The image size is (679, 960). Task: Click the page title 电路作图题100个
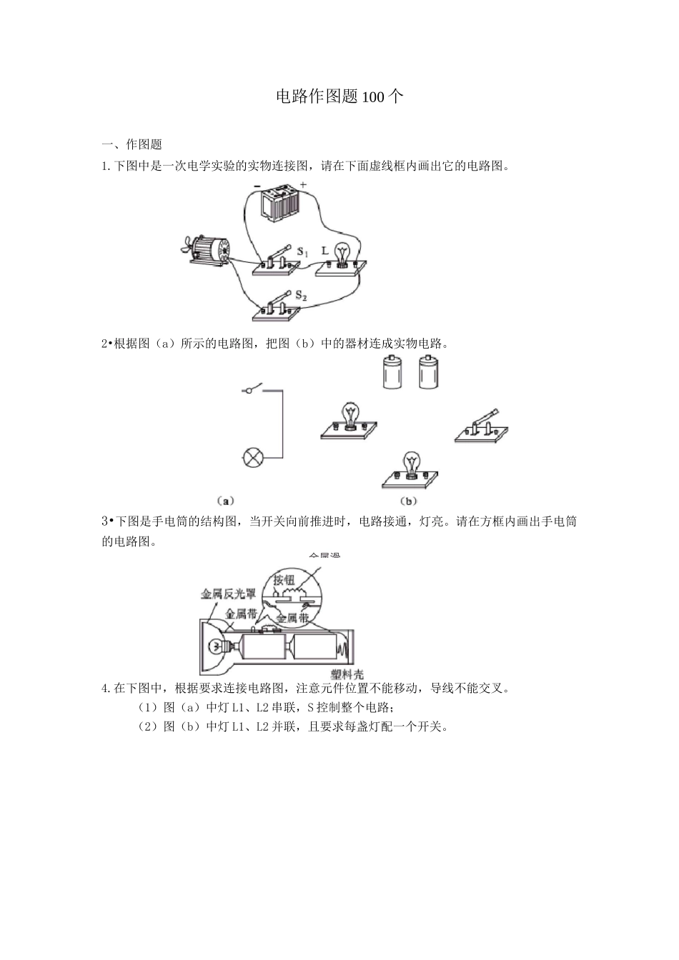click(339, 96)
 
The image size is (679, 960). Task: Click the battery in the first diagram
click(279, 204)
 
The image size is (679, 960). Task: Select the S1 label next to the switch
click(302, 252)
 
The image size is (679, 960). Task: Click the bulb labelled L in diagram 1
click(342, 254)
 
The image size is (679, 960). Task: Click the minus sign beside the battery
click(256, 187)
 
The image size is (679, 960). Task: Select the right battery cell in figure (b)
click(430, 372)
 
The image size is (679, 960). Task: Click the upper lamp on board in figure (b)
click(350, 421)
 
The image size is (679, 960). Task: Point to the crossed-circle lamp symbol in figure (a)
click(252, 458)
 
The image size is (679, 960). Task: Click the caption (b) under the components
click(409, 501)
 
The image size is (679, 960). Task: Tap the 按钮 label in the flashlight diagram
click(284, 579)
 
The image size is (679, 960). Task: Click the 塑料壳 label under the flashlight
click(347, 674)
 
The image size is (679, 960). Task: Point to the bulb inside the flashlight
click(215, 646)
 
